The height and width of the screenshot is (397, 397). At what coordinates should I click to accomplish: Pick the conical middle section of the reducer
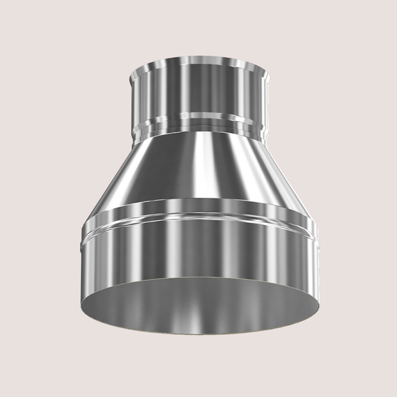click(x=167, y=171)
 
